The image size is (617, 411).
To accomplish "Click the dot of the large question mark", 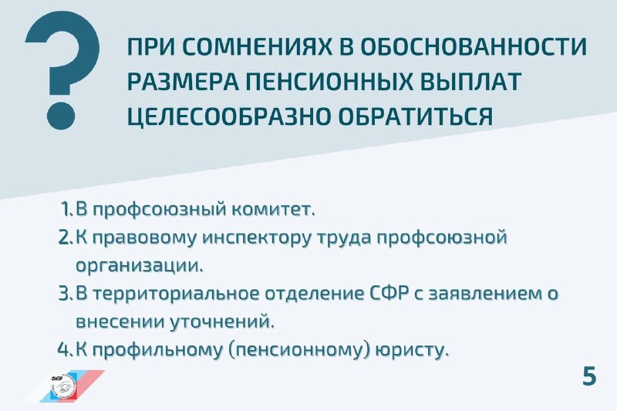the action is coord(61,116).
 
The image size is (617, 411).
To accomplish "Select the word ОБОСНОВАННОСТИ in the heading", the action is coord(474,47).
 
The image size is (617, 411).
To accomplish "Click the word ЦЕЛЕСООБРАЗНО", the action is coord(228,116).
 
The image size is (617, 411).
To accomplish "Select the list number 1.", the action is coord(67,209).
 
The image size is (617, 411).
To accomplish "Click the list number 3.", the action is coord(66,295).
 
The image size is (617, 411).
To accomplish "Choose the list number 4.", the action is coord(66,349).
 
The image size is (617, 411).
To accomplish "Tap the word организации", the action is coord(140,266).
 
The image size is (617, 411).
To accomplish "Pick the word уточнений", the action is coord(222,322).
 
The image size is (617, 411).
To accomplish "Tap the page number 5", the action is coord(589,377).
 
